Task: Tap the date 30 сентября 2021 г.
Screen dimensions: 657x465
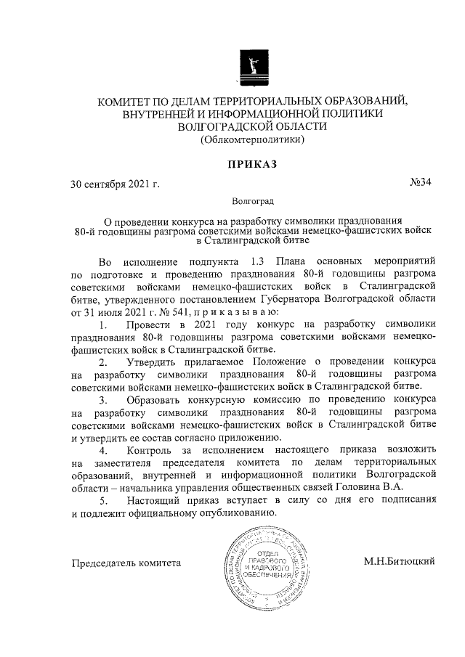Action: click(x=114, y=183)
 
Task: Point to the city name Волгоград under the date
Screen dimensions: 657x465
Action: click(x=252, y=200)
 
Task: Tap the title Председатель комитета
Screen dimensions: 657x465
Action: click(x=126, y=563)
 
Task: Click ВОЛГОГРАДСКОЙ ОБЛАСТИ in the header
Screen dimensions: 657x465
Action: click(x=252, y=126)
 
